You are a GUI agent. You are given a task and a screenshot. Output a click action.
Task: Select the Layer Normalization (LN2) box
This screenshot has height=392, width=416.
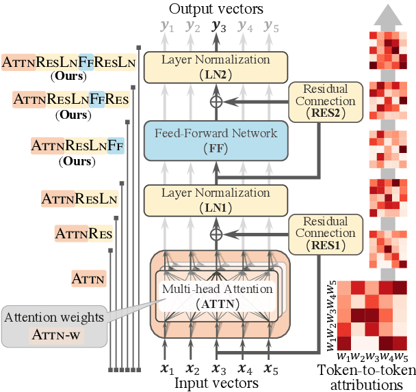(x=216, y=66)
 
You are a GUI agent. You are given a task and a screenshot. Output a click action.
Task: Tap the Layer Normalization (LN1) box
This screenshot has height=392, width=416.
(x=216, y=200)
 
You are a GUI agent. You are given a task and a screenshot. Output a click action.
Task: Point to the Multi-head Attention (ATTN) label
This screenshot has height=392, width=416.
(x=217, y=295)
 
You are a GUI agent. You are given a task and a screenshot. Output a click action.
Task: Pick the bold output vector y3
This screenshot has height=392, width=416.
(x=218, y=27)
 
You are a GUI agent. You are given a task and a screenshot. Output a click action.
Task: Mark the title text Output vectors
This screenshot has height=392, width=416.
(x=217, y=9)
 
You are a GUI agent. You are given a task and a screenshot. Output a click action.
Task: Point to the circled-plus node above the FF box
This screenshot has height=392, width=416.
(x=217, y=102)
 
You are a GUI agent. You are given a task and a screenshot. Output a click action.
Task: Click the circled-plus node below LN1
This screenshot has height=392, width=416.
(x=217, y=234)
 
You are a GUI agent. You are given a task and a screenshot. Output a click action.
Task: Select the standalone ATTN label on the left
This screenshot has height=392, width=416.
(x=89, y=278)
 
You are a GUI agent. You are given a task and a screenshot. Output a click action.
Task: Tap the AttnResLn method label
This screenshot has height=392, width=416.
(x=79, y=199)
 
